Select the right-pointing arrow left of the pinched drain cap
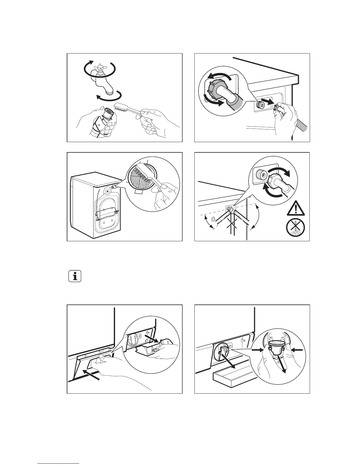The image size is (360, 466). coord(256,349)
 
